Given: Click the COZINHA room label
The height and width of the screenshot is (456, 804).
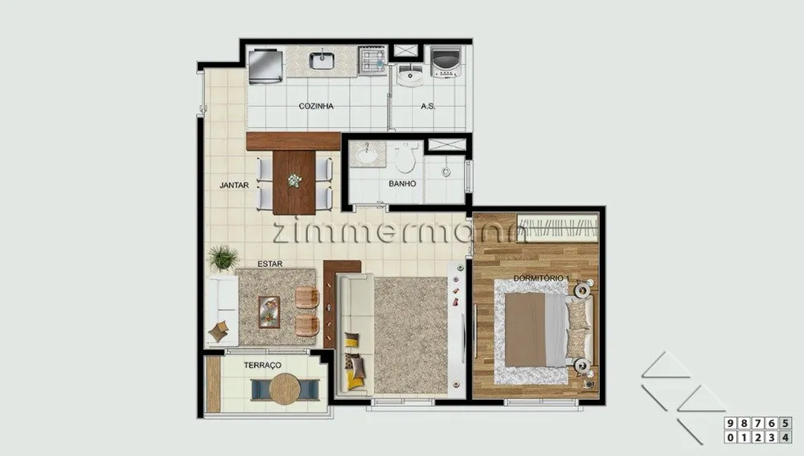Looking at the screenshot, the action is point(316,106).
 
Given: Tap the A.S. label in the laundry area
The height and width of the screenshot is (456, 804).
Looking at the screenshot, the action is point(429,106).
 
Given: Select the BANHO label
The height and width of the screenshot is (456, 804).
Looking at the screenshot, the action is point(402,183).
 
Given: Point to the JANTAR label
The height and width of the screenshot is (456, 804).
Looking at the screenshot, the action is point(234,185).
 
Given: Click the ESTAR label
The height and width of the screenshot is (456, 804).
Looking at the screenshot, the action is point(269,264).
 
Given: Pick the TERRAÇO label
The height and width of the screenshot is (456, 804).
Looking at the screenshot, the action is point(263,365).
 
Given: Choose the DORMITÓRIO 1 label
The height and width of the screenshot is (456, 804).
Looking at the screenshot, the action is point(541,278).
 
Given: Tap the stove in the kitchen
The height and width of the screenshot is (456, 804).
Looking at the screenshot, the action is point(373,61).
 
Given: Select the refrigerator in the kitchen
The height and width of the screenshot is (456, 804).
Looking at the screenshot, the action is point(265,66).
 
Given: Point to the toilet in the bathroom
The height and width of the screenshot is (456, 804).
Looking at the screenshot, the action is point(404,158).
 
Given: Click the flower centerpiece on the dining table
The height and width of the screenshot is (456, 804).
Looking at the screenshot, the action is point(294,181).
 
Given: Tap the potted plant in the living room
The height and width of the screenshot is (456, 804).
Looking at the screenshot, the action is point(223,257).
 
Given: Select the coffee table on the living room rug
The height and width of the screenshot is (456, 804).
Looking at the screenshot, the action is point(269,312).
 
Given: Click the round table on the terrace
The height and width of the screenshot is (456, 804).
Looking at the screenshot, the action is point(285,389).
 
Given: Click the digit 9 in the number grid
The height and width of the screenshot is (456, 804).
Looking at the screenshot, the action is point(730,423).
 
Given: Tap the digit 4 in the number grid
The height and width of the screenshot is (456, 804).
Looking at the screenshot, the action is point(786,437).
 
